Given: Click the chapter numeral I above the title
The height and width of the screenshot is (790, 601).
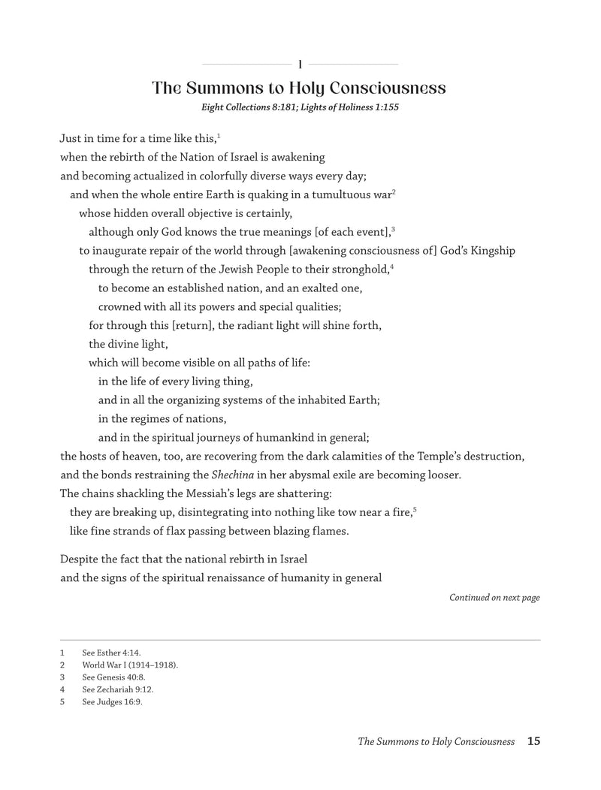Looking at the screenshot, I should pyautogui.click(x=300, y=64).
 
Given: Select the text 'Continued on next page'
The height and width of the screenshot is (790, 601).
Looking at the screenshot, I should pyautogui.click(x=494, y=598).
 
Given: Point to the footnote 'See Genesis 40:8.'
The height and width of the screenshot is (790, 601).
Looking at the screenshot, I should pyautogui.click(x=113, y=677).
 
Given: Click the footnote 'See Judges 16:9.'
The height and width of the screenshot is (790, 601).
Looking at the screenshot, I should pyautogui.click(x=112, y=701).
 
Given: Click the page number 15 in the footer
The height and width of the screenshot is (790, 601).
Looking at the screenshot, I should pyautogui.click(x=533, y=741).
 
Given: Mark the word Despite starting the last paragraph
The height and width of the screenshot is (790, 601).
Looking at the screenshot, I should pyautogui.click(x=79, y=559).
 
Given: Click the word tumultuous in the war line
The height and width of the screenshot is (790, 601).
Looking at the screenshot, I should pyautogui.click(x=332, y=195).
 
